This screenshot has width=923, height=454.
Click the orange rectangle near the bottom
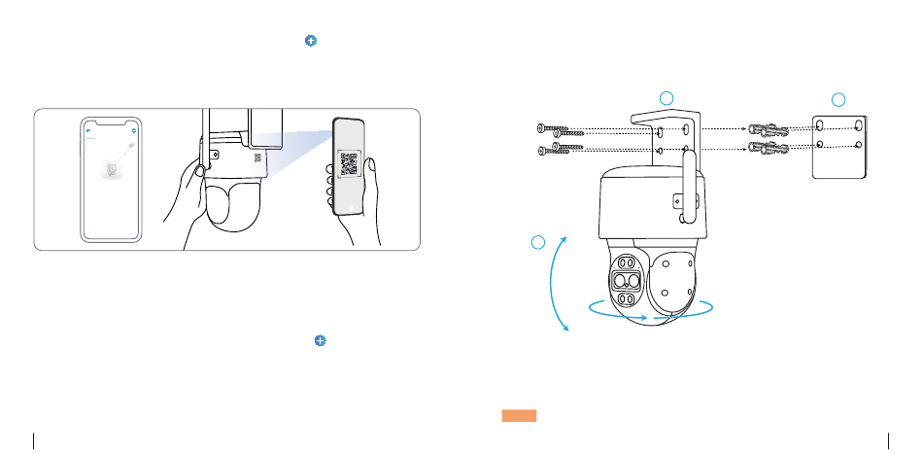tap(520, 416)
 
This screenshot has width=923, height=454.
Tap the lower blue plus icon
tap(319, 341)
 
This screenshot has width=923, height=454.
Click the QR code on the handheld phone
tap(348, 161)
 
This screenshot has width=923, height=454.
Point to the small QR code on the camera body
tap(258, 157)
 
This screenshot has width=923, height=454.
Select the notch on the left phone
tap(110, 122)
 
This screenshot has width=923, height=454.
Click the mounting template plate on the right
tap(839, 147)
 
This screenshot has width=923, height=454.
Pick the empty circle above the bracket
tap(666, 96)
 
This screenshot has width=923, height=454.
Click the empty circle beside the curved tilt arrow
tap(540, 242)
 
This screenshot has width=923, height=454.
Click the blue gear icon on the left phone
tap(133, 128)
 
